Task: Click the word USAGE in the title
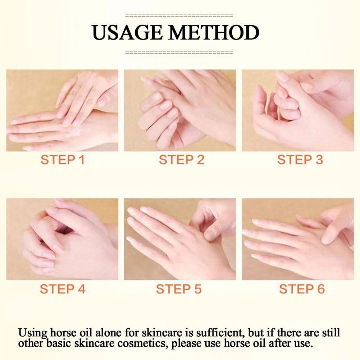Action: click(x=127, y=32)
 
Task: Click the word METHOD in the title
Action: click(x=214, y=32)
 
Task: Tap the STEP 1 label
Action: click(x=63, y=160)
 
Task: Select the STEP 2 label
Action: click(x=181, y=160)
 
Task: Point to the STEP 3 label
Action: click(x=300, y=160)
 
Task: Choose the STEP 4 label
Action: click(x=63, y=288)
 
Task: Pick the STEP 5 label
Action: click(x=179, y=288)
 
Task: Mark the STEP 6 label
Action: click(x=302, y=288)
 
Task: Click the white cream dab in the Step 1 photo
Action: click(x=73, y=133)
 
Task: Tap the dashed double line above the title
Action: click(x=179, y=15)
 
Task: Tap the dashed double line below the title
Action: click(x=179, y=52)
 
